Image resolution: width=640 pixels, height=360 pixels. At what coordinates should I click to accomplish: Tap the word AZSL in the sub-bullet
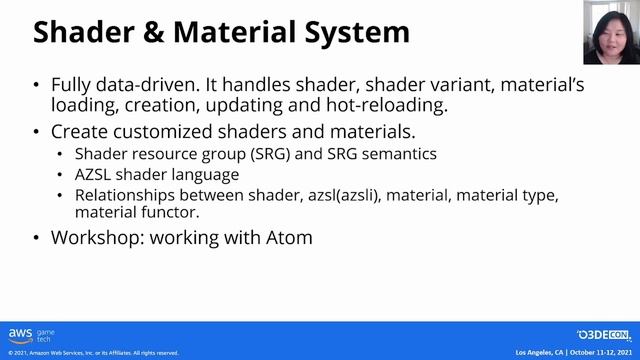click(94, 175)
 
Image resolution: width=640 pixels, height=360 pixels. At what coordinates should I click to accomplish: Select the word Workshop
click(95, 239)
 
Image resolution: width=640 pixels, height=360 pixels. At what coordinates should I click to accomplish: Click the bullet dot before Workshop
click(37, 239)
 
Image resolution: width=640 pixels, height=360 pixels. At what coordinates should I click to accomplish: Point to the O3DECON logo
click(603, 335)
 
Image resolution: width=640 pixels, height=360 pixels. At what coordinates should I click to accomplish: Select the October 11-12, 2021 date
click(601, 353)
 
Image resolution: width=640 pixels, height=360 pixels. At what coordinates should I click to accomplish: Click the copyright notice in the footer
click(93, 353)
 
